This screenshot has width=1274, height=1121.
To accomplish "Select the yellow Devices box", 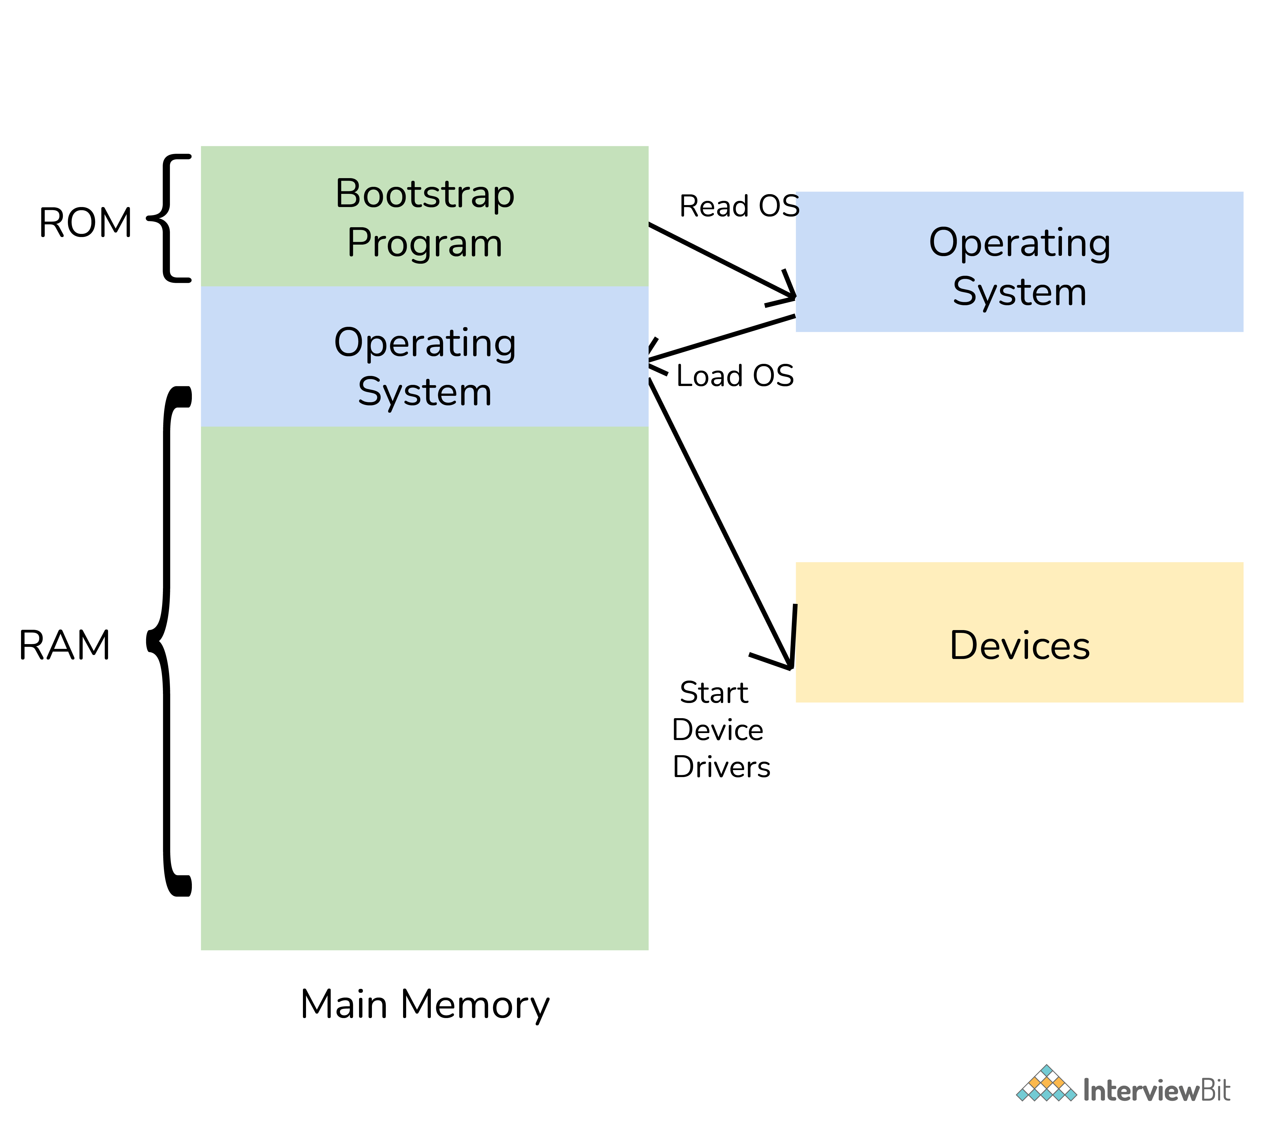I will (x=1019, y=632).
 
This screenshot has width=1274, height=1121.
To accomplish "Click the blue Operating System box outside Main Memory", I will (x=1019, y=262).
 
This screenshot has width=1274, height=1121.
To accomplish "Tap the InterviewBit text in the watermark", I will (x=1156, y=1090).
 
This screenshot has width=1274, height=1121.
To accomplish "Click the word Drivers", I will (x=721, y=767).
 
